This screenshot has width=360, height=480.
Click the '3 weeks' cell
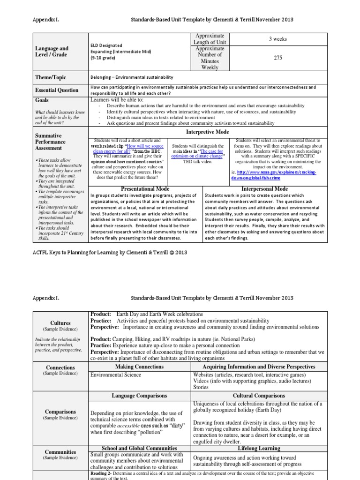(278, 39)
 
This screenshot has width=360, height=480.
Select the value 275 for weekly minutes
(278, 58)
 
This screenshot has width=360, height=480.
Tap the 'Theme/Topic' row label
(50, 77)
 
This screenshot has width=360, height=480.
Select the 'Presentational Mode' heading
(145, 189)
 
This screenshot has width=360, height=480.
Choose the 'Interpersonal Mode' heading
(265, 189)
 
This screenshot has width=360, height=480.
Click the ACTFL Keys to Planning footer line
(109, 252)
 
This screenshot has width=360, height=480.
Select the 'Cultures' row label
(60, 323)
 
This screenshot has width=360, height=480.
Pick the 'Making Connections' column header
(139, 367)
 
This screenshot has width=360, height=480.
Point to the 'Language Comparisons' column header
(139, 396)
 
